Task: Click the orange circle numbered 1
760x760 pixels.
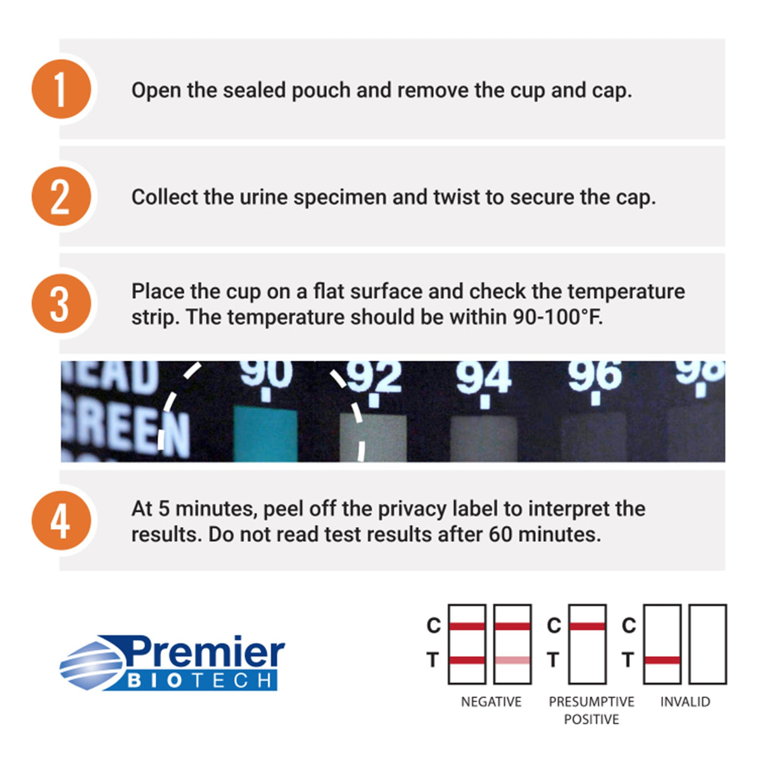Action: point(61,89)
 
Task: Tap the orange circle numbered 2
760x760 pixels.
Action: point(61,196)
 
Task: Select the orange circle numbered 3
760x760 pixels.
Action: point(61,303)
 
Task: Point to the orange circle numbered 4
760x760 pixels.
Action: point(61,520)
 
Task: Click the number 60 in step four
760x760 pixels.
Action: point(500,534)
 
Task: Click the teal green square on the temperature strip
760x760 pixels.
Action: point(265,434)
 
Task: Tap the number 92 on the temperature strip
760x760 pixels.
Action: point(374,377)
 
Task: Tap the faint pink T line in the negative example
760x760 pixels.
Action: point(512,660)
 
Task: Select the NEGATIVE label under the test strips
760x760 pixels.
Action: point(491,702)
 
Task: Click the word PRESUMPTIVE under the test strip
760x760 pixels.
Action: point(592,702)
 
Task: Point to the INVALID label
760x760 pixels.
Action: point(685,702)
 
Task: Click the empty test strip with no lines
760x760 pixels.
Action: point(707,644)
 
